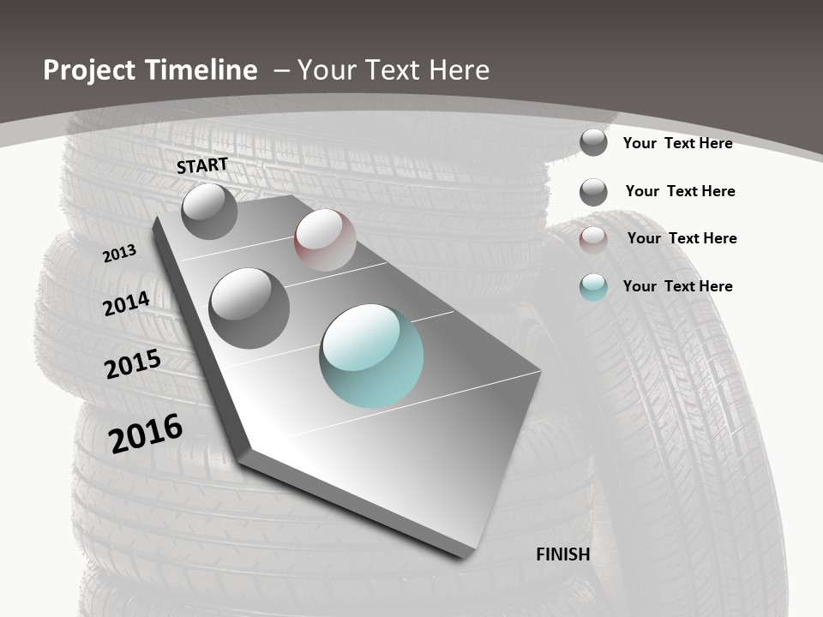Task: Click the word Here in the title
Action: pos(459,70)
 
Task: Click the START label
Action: pos(202,165)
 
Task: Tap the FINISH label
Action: pos(563,554)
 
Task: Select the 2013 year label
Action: pos(119,254)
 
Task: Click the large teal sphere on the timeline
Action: pos(371,356)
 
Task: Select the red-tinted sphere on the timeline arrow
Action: pos(325,240)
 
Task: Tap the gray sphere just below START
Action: pos(209,211)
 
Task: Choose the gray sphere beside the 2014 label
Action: pos(249,308)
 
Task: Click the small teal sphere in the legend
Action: pos(593,287)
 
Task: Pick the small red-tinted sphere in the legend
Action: pos(593,240)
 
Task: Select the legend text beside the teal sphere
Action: pos(678,286)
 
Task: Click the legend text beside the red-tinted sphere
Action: pos(682,238)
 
